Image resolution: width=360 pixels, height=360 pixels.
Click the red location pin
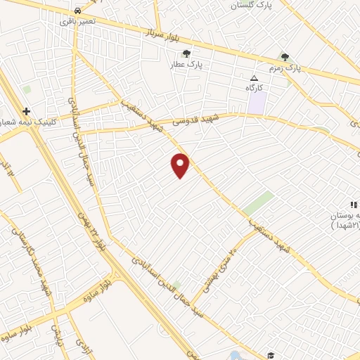point(181,165)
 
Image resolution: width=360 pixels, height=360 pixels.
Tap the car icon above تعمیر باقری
point(77,11)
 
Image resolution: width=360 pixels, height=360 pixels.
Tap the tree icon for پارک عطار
point(186,53)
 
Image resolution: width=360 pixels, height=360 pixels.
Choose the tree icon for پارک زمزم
point(285,57)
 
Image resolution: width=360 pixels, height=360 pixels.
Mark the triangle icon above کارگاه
point(255,77)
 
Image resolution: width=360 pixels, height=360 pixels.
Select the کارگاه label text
point(255,88)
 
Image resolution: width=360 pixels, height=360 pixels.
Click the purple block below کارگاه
point(257,103)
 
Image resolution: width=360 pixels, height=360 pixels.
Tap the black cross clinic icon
point(27,111)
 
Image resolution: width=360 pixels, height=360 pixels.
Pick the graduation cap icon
point(271,354)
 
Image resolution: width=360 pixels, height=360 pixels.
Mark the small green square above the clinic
point(27,90)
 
